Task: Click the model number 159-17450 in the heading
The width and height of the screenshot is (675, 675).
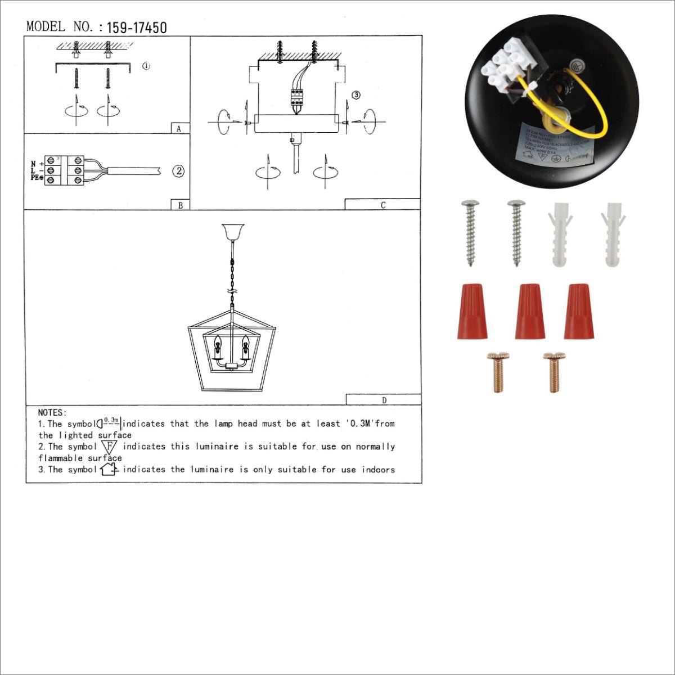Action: pos(136,28)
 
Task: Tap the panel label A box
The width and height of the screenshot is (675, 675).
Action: pos(179,128)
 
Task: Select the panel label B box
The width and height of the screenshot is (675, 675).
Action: pos(180,205)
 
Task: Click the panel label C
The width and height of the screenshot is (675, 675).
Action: pos(382,205)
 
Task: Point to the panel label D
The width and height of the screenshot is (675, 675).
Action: pos(384,400)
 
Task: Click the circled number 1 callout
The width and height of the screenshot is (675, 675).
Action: pos(146,66)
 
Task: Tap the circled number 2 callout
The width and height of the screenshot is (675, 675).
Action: pos(178,171)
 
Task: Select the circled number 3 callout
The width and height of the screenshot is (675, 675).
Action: pos(355,95)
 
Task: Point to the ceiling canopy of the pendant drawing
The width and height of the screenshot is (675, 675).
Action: pos(232,231)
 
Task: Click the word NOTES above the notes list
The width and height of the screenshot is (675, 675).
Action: pos(52,413)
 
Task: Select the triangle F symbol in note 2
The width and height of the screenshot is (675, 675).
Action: pos(110,447)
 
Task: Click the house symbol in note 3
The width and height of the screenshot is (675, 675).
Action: pos(109,469)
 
